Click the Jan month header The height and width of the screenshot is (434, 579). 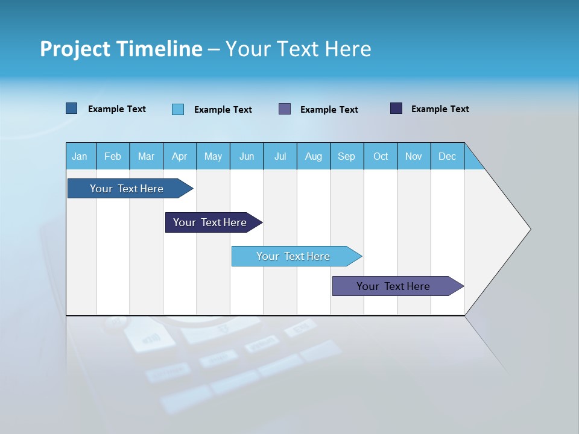click(x=80, y=157)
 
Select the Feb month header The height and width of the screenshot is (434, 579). click(x=113, y=157)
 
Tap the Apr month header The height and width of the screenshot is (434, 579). click(x=180, y=157)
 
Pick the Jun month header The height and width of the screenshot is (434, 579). click(x=247, y=157)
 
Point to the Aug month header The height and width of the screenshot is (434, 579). click(x=314, y=157)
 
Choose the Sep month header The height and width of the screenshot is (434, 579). click(x=347, y=157)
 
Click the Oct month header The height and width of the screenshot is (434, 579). click(x=381, y=157)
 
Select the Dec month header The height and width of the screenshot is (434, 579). click(x=448, y=157)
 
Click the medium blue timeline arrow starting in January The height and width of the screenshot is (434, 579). click(x=127, y=189)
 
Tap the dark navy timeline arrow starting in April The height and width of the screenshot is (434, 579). click(x=210, y=222)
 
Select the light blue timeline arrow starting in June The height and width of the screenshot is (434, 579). click(x=293, y=256)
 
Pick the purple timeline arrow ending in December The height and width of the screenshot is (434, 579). click(x=393, y=286)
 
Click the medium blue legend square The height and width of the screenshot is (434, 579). click(x=72, y=108)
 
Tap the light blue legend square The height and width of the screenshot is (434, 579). click(x=178, y=109)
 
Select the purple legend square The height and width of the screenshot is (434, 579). click(x=285, y=109)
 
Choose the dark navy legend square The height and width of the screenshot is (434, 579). click(x=396, y=108)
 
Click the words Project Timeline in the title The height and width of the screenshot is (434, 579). click(x=121, y=49)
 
